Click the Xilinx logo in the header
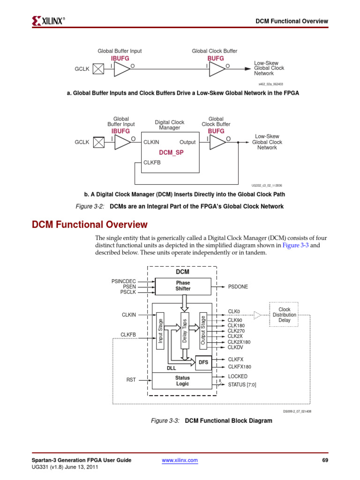click(48, 21)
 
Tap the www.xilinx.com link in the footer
click(180, 461)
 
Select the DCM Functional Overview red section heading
click(89, 225)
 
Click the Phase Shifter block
click(183, 286)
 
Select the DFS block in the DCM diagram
click(203, 362)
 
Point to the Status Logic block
click(182, 381)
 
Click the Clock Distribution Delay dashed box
click(285, 315)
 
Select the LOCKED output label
click(238, 376)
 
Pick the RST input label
click(131, 380)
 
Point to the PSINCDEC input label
click(124, 281)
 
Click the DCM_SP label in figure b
click(172, 153)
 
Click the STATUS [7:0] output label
click(242, 385)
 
